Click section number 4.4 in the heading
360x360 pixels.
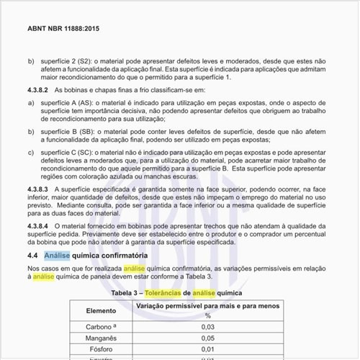point(32,256)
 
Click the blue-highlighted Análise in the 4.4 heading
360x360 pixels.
point(58,256)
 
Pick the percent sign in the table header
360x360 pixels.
point(208,315)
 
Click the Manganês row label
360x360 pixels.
point(98,338)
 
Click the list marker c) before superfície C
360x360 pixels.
point(31,153)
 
